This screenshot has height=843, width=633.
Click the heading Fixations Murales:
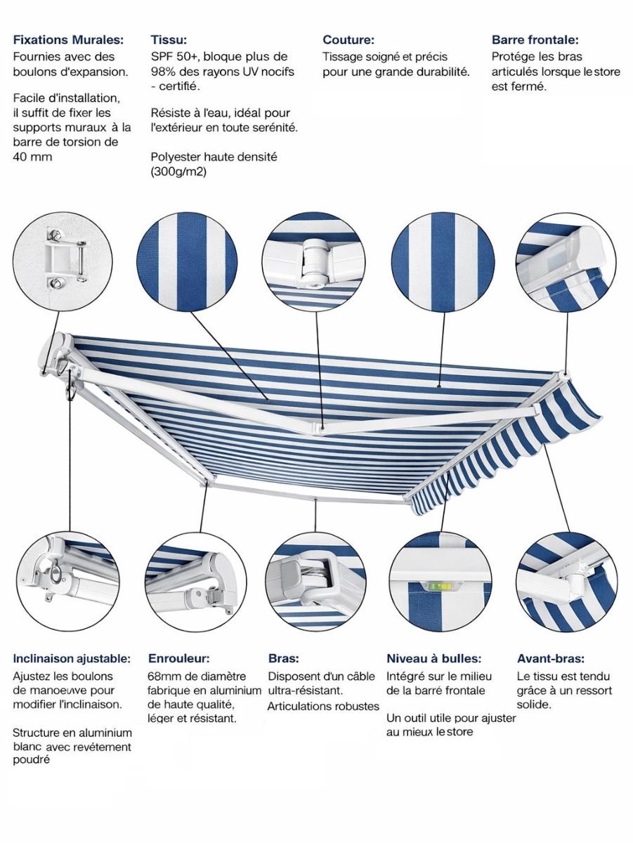68,40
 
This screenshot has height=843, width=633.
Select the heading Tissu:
169,40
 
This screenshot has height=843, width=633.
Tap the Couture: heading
348,40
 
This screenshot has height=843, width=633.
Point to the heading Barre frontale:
535,40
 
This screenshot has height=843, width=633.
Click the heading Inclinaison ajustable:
72,659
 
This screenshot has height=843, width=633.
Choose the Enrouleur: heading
178,659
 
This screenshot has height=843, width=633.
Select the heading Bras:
284,659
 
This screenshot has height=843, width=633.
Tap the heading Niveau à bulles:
433,659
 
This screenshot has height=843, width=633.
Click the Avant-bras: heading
551,659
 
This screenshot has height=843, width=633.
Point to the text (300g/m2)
178,171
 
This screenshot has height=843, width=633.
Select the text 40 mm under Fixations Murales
32,157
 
